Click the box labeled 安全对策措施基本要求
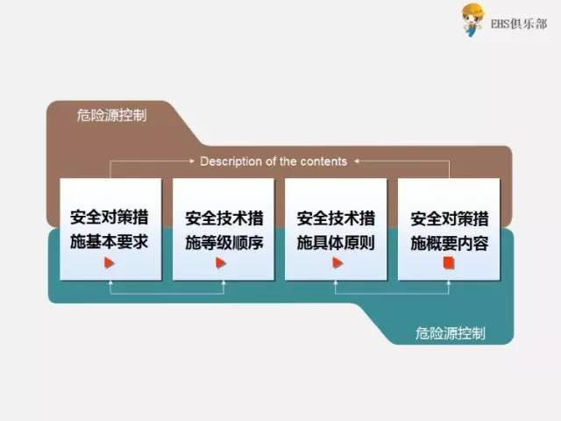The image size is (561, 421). [x=110, y=229]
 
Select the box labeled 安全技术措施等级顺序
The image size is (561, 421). [x=224, y=229]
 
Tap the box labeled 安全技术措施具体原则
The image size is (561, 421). [x=336, y=229]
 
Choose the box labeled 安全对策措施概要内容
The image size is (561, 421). [x=449, y=229]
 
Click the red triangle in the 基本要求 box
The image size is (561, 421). [x=110, y=262]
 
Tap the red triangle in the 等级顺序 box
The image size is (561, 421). [x=222, y=262]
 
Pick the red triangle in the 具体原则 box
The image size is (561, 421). [x=337, y=262]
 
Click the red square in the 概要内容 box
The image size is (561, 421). [x=449, y=262]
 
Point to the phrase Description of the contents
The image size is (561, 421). [x=273, y=161]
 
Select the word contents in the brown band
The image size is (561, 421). [x=325, y=161]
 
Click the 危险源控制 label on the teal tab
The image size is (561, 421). [x=451, y=333]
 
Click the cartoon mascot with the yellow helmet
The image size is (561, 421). [x=473, y=19]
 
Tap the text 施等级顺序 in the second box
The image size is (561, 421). [x=224, y=242]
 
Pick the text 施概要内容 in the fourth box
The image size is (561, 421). [x=449, y=242]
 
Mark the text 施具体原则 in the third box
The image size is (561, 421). [x=336, y=242]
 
